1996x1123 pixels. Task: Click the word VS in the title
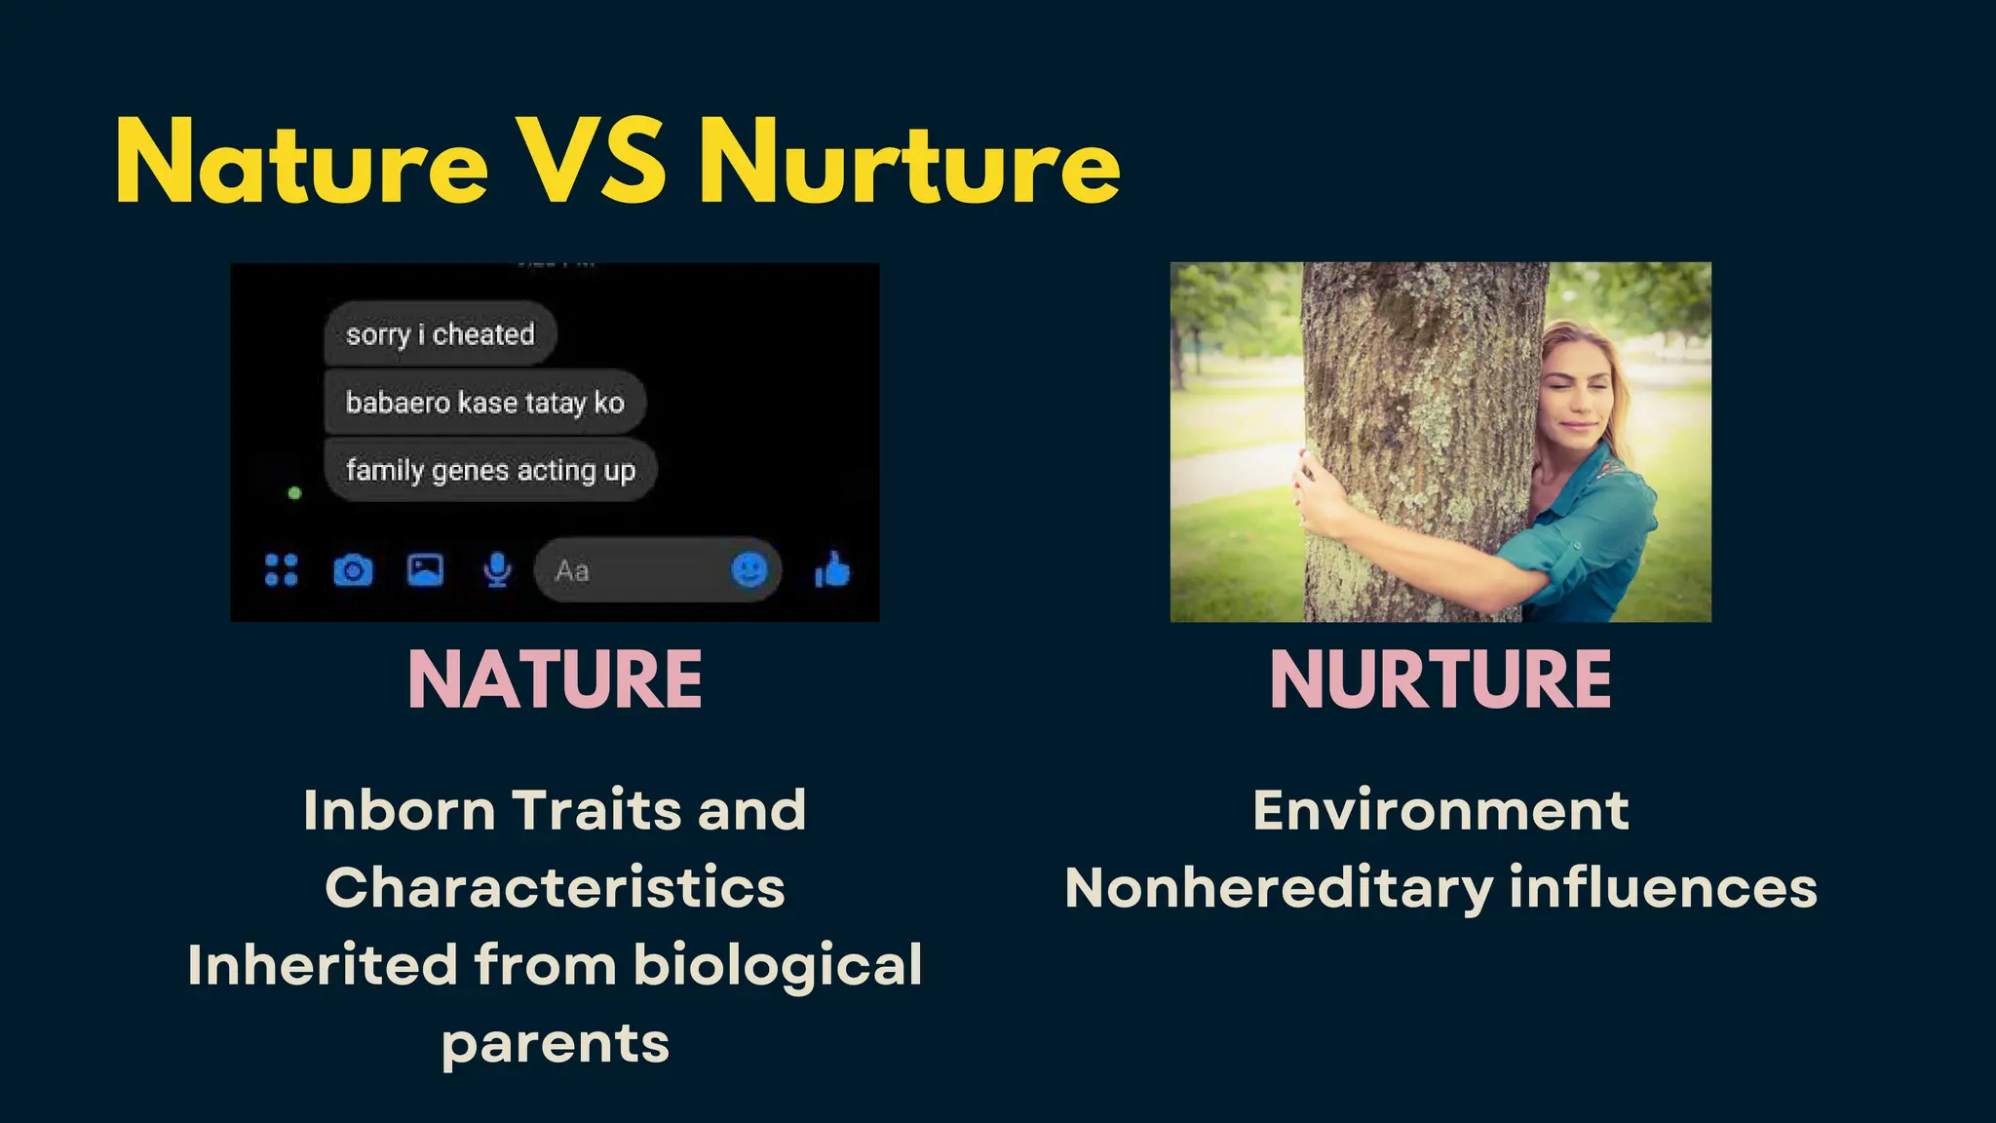click(x=592, y=161)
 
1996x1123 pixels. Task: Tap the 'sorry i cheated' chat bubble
click(x=440, y=334)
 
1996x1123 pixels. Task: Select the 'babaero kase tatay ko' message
click(x=484, y=402)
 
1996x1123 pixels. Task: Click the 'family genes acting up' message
click(x=490, y=470)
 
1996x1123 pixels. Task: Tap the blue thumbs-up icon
click(x=832, y=570)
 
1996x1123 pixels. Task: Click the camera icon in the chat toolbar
click(x=353, y=570)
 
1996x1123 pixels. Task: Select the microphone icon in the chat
click(x=497, y=570)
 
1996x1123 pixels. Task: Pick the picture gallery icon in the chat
click(x=425, y=569)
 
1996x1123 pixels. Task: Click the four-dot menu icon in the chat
click(x=282, y=570)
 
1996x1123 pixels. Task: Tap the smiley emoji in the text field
click(x=748, y=570)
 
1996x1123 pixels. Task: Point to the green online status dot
click(x=294, y=493)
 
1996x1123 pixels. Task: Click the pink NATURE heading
click(x=555, y=679)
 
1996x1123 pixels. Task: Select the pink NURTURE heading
click(x=1440, y=679)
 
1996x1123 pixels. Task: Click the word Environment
click(x=1440, y=810)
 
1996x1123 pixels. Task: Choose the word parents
click(x=556, y=1044)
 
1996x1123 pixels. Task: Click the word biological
click(x=778, y=965)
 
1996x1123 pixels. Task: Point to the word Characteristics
click(x=555, y=887)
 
